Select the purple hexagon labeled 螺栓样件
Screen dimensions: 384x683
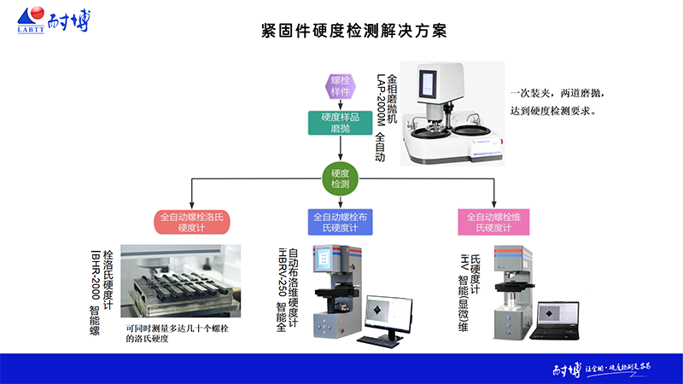pyautogui.click(x=341, y=85)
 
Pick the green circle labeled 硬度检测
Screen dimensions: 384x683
pyautogui.click(x=340, y=177)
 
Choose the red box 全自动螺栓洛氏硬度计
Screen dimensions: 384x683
pyautogui.click(x=193, y=222)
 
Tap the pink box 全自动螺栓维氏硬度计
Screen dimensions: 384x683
pyautogui.click(x=493, y=222)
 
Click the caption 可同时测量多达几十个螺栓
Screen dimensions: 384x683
pyautogui.click(x=182, y=329)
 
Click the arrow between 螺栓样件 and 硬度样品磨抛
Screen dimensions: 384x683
pyautogui.click(x=340, y=105)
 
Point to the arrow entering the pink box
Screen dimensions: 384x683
pyautogui.click(x=493, y=202)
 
